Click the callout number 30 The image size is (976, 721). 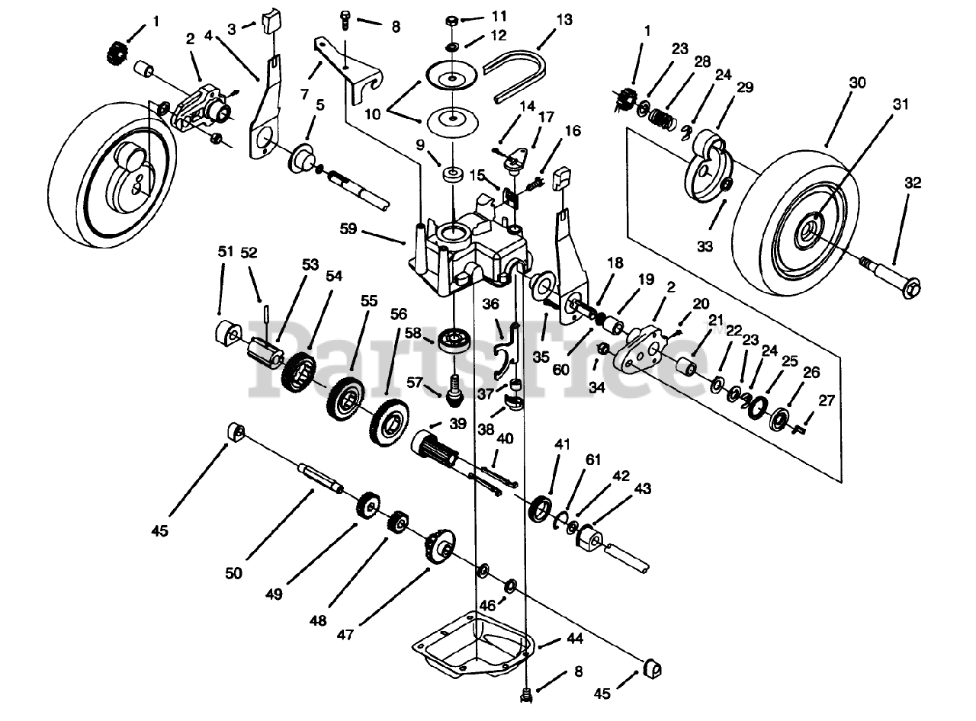pos(857,83)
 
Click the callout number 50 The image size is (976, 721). pos(233,573)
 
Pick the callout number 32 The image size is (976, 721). pos(913,183)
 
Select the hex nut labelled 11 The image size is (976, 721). pos(451,18)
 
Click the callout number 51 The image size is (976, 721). pos(223,252)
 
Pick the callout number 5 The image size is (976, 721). pos(320,105)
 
